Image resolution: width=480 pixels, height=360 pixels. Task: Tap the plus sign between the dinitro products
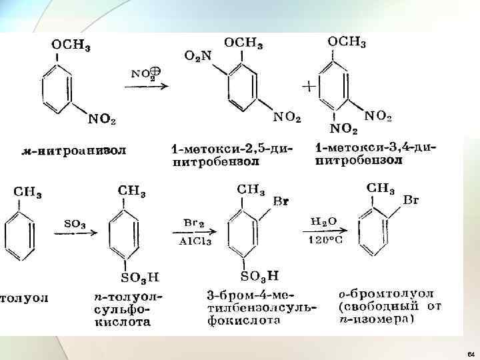pos(308,85)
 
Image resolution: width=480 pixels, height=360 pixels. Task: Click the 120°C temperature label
pos(325,241)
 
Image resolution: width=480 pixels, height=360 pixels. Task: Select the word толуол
pos(23,298)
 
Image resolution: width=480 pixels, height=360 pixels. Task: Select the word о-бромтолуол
pos(385,294)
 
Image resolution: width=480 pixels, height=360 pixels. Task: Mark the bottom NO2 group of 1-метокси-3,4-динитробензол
pos(345,129)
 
